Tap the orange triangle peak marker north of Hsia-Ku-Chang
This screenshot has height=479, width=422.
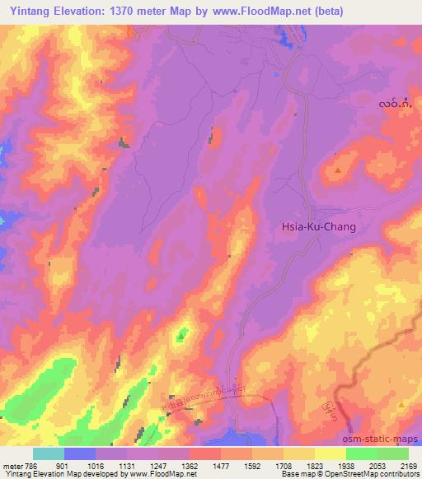coord(339,170)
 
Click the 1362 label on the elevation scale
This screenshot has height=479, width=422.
coord(189,465)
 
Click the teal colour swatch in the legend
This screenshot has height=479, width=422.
coord(49,453)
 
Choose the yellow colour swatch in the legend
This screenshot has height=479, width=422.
coord(330,453)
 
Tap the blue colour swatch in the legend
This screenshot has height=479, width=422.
coord(80,453)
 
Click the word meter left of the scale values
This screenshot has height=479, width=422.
coord(12,465)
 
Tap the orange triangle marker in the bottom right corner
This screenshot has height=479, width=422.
coord(401,406)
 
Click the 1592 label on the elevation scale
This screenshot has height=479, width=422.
coord(251,465)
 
